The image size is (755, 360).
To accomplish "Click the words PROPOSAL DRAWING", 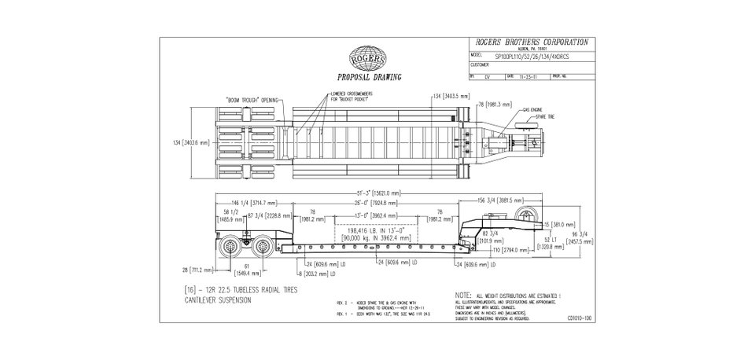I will pos(369,78).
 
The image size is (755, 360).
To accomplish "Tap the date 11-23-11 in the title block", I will pos(528,77).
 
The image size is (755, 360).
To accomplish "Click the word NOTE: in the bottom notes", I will pos(464,295).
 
